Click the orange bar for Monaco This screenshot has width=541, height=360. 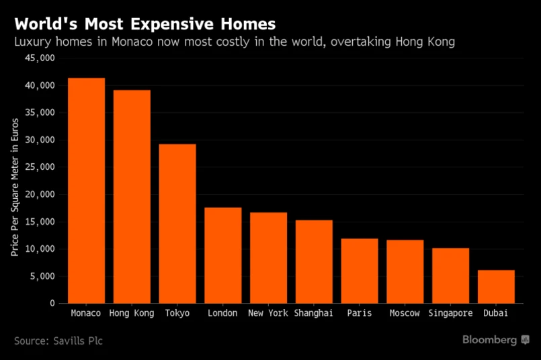[86, 191]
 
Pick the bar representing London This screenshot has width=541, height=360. [223, 255]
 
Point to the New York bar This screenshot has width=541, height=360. [268, 258]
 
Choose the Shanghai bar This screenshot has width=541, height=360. [314, 262]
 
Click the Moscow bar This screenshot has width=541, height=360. [405, 271]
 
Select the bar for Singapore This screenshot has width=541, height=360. [450, 275]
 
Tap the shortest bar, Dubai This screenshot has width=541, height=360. [496, 287]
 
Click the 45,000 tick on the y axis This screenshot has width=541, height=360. [40, 58]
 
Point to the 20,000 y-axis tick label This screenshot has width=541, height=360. [40, 195]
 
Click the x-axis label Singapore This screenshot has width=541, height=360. [450, 313]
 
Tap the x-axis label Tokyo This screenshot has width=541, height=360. [177, 313]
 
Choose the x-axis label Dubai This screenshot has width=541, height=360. [496, 313]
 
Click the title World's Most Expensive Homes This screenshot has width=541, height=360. [144, 24]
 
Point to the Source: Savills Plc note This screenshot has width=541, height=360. [58, 341]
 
